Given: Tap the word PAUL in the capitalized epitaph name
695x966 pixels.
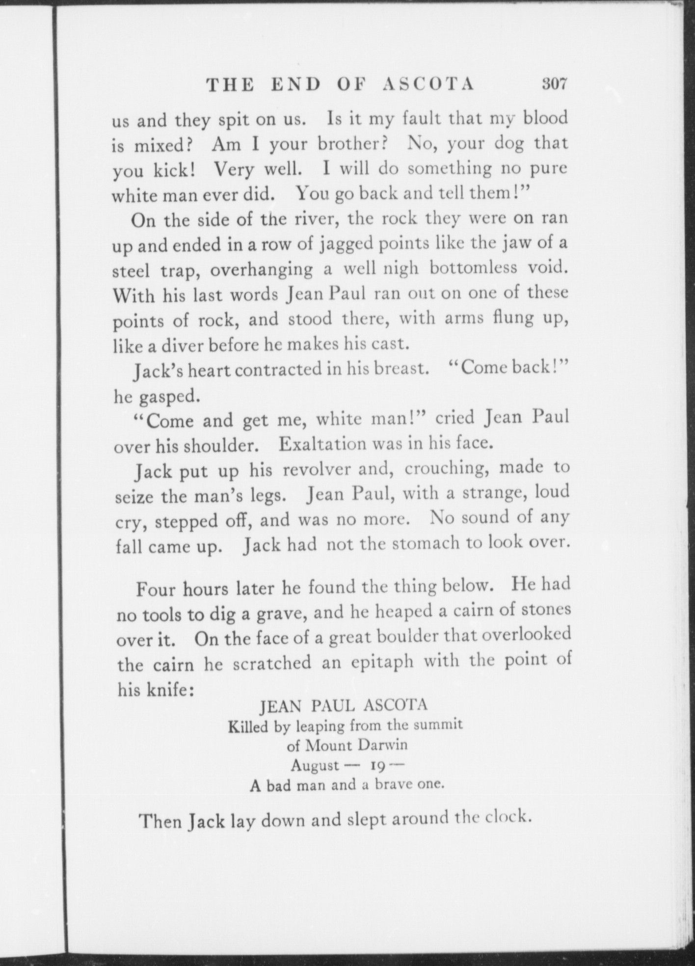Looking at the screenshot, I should [333, 706].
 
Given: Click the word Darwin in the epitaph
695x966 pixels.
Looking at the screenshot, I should [383, 745].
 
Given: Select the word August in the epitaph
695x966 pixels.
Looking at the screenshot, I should [315, 765].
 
